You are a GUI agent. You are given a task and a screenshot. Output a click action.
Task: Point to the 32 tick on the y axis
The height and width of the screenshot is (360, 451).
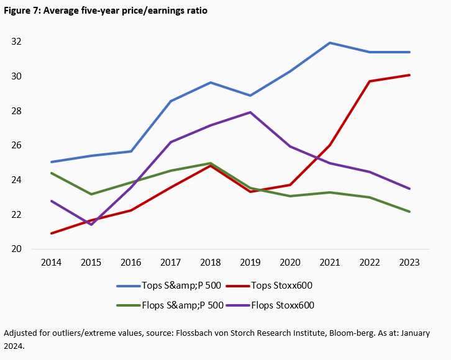(17, 42)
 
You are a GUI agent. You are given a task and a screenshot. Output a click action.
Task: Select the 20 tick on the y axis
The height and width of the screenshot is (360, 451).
(17, 249)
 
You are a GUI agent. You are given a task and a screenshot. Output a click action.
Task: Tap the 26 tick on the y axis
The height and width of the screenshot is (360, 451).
(17, 145)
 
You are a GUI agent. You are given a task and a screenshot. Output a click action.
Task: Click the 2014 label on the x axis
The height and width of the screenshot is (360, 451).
(50, 263)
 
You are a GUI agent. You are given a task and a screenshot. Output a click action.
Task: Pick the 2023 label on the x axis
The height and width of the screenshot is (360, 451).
(409, 263)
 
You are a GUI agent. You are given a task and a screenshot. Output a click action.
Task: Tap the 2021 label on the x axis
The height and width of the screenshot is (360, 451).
(329, 263)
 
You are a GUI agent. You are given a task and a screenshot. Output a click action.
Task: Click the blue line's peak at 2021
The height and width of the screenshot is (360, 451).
(329, 43)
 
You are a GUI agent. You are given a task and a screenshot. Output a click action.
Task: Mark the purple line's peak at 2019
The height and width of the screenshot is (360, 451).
(250, 112)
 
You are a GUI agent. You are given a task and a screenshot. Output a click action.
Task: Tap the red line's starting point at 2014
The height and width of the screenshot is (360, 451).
(51, 233)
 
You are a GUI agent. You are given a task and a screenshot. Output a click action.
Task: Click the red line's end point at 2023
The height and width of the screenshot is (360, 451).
(409, 75)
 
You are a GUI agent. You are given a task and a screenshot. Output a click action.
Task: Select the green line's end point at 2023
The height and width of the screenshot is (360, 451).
(409, 212)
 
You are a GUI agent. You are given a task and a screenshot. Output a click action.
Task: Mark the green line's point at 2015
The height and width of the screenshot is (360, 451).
(91, 194)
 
